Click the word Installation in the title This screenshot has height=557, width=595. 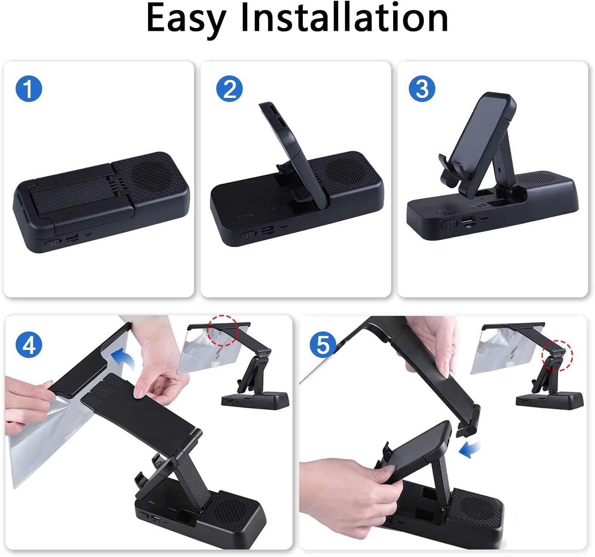pos(344,17)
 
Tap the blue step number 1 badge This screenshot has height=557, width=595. pos(28,88)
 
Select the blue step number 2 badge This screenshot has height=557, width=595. pos(229,88)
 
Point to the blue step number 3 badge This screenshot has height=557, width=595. pos(422,88)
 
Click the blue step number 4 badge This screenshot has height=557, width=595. pos(28,345)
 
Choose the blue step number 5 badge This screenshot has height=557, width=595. pos(323,345)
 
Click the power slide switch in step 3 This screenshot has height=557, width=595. pos(449,224)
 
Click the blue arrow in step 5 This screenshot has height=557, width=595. pos(469,450)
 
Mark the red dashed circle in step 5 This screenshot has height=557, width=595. pos(557,356)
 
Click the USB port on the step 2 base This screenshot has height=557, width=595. pos(267,230)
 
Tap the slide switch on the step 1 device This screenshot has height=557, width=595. pos(53,242)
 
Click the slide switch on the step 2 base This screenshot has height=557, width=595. pos(248,234)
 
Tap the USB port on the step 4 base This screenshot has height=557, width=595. pos(155,518)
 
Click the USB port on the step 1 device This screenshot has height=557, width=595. pos(72,238)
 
